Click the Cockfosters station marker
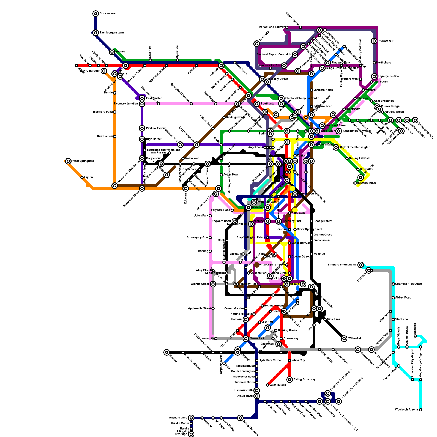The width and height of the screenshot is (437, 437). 96,14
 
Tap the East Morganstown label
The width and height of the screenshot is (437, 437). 111,33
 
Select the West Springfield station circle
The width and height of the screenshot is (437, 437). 68,161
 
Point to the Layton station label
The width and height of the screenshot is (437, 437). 88,178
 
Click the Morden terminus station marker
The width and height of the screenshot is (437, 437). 167,352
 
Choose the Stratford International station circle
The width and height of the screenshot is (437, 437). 361,265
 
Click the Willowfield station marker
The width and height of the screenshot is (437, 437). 344,339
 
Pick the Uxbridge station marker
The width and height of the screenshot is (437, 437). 191,434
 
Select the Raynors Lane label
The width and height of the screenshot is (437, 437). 178,418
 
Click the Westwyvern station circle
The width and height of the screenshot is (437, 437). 374,41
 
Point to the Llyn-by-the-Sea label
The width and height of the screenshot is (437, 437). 388,76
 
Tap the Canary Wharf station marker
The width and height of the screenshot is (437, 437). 358,350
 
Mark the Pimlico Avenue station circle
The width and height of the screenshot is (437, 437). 142,128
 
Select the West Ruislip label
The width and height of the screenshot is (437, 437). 278,385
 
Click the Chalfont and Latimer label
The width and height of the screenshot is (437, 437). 271,27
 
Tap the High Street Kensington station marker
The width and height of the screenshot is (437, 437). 336,147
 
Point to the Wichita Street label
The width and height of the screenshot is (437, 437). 200,284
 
